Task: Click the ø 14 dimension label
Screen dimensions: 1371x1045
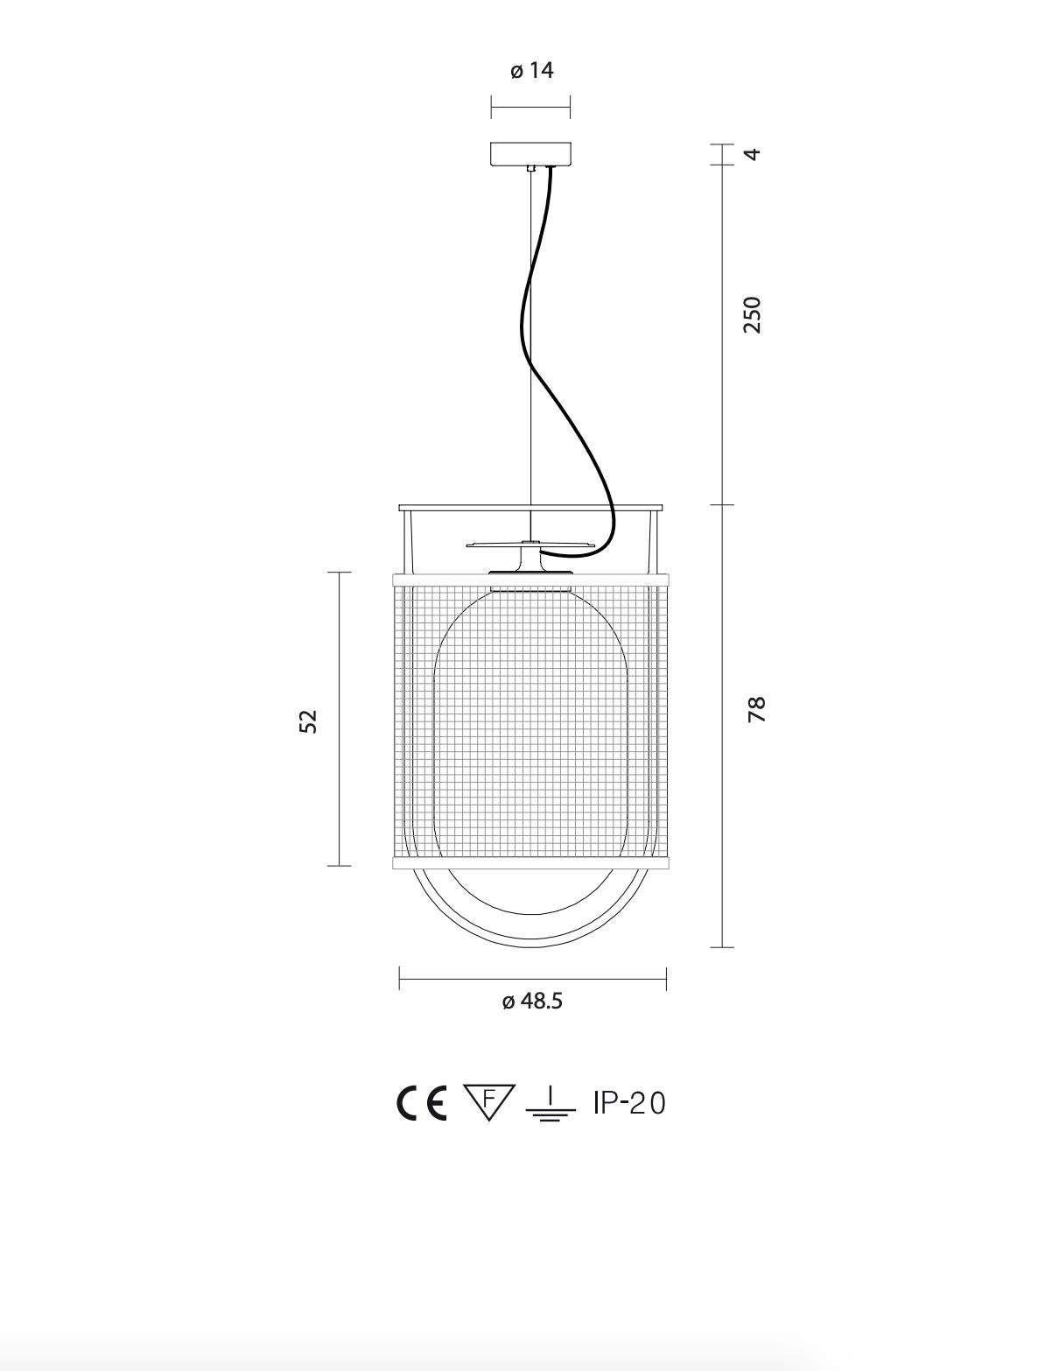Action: coord(532,70)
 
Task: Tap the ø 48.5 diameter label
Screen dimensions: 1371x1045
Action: coord(532,1001)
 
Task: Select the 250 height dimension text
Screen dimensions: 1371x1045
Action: coord(752,314)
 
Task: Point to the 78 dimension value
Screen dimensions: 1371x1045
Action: coord(756,708)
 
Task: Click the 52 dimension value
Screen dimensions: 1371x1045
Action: coord(309,721)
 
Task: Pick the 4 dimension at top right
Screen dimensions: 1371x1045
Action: coord(752,154)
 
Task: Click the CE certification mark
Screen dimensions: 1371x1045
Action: coord(421,1103)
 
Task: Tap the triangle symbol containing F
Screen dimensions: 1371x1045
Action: coord(488,1100)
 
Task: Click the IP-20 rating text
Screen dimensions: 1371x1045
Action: coord(629,1103)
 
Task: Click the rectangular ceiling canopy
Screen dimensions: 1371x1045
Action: coord(530,153)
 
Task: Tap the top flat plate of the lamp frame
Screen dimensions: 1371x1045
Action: coord(530,507)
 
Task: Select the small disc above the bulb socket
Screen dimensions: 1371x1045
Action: coord(530,545)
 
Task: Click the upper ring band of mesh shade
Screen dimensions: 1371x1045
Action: coord(530,579)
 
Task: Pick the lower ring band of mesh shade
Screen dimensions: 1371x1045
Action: coord(530,863)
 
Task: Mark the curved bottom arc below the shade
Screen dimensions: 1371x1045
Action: coord(530,940)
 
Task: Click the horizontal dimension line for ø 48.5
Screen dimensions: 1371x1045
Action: coord(532,979)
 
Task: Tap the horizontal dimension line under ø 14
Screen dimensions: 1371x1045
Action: coord(530,108)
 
